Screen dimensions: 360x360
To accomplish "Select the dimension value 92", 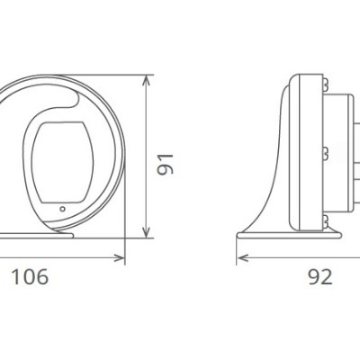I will coord(319,276).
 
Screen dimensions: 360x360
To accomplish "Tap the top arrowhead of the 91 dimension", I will coord(147,81).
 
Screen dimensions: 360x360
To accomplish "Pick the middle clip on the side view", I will coord(322,149).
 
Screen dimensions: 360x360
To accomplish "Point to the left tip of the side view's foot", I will coord(239,237).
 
